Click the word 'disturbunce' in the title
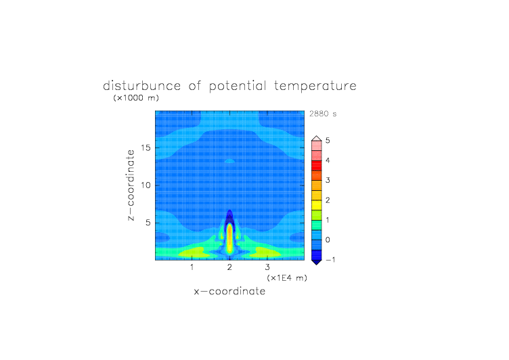[x=142, y=86]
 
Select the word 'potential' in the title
[x=238, y=87]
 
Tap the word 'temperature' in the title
[x=315, y=87]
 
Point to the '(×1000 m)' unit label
[x=136, y=97]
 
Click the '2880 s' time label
[x=323, y=114]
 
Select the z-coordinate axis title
[x=131, y=185]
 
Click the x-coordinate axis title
[x=230, y=291]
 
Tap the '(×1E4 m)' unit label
[x=287, y=278]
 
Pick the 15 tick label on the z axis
[x=146, y=148]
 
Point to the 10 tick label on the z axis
[x=146, y=185]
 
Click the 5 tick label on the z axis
[x=148, y=223]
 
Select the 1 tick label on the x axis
[x=192, y=267]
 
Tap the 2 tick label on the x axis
[x=230, y=267]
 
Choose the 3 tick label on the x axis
[x=267, y=267]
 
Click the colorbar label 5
[x=328, y=140]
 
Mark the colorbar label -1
[x=330, y=260]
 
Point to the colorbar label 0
[x=328, y=240]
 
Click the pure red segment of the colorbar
[x=317, y=166]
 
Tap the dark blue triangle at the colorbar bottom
[x=317, y=263]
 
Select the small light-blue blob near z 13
[x=230, y=161]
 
